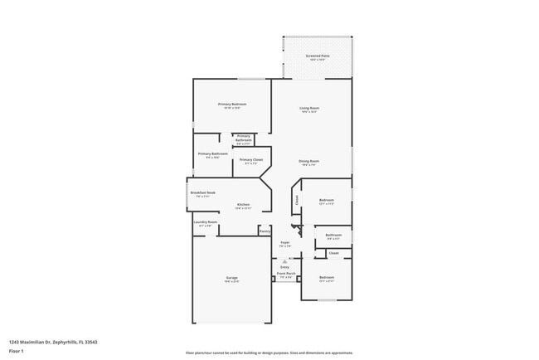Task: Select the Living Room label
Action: click(x=309, y=108)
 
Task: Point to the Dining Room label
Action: click(x=309, y=161)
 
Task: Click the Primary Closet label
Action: click(x=251, y=159)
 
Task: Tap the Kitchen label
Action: click(x=243, y=204)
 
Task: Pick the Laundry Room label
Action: click(x=205, y=222)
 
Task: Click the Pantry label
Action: click(x=265, y=231)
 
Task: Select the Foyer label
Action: click(x=284, y=242)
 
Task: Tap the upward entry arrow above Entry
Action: click(x=284, y=260)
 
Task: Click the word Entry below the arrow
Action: click(x=284, y=267)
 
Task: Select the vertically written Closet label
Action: click(x=296, y=199)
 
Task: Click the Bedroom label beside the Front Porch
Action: click(x=327, y=277)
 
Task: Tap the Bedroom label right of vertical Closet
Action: click(x=327, y=199)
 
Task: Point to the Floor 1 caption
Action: click(x=16, y=351)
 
